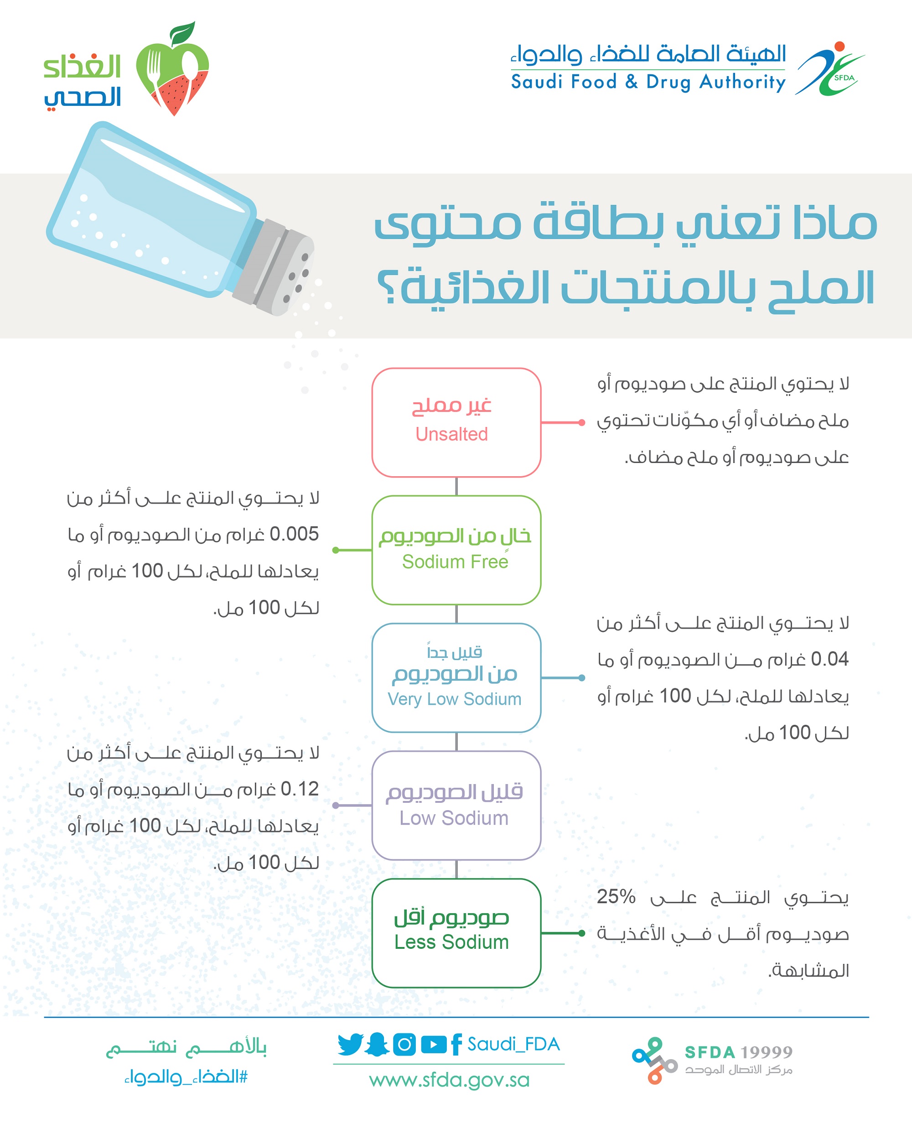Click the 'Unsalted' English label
[x=451, y=434]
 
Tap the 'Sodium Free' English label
[x=455, y=562]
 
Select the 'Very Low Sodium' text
[x=455, y=699]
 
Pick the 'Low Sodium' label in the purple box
[x=454, y=818]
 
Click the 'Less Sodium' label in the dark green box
[x=452, y=942]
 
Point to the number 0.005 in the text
[x=294, y=534]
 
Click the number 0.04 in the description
[x=829, y=659]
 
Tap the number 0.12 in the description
[x=300, y=789]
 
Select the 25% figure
[x=616, y=896]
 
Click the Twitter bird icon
[x=350, y=1044]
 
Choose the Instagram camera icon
[x=404, y=1044]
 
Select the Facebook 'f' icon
[x=456, y=1044]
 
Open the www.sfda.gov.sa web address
[x=449, y=1081]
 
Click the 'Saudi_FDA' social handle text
[x=513, y=1044]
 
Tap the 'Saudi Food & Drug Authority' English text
[x=648, y=82]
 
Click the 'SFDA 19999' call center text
[x=738, y=1052]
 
